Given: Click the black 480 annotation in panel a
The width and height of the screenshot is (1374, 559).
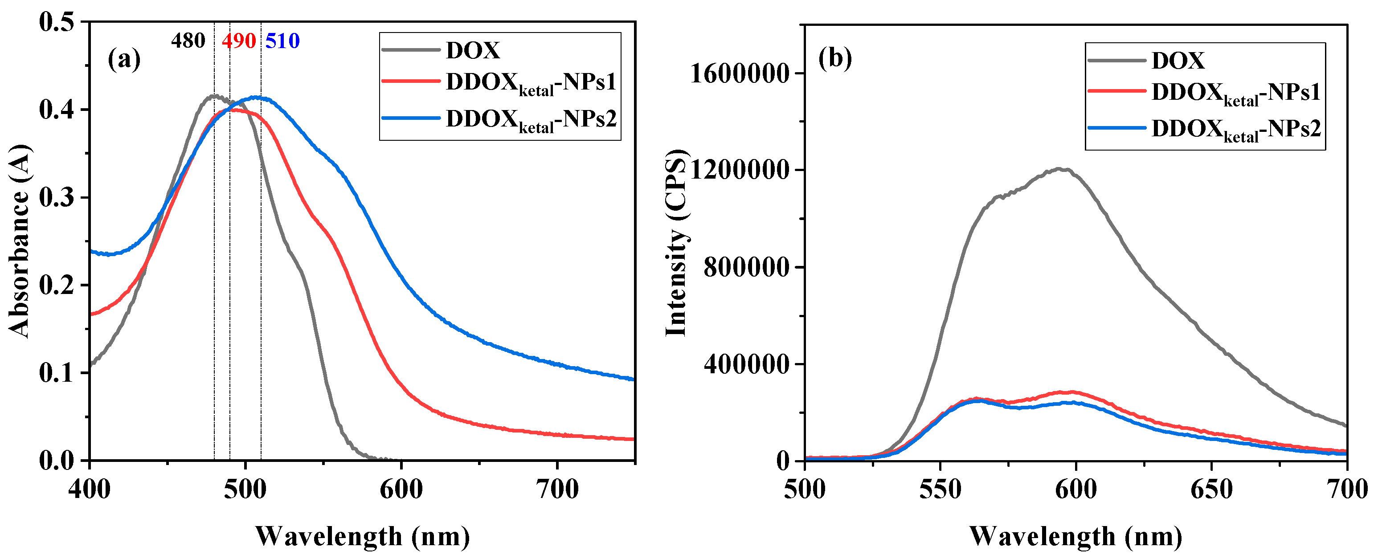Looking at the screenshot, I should click(x=188, y=41).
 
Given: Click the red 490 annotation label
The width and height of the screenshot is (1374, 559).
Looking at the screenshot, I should click(x=239, y=41).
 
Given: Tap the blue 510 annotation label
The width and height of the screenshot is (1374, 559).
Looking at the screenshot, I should click(x=283, y=41).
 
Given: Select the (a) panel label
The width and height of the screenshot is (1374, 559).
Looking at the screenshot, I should click(x=124, y=59).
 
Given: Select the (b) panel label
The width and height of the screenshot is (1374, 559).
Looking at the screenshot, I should click(x=835, y=57).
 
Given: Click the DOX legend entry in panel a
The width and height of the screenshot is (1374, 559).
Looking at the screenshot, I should click(x=473, y=51).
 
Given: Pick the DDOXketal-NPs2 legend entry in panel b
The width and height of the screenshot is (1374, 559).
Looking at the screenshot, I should click(x=1235, y=130).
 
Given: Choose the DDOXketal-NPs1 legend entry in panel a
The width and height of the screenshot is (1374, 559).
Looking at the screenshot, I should click(x=531, y=83).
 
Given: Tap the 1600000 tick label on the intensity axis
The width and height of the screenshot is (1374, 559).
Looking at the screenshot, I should click(x=739, y=73).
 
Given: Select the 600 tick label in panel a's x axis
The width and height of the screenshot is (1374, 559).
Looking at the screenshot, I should click(x=401, y=489).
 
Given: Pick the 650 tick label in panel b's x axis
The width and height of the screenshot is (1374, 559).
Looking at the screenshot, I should click(x=1211, y=489).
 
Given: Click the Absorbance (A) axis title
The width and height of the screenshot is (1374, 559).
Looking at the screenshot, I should click(x=19, y=241).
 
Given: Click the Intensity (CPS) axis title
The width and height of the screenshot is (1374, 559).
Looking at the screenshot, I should click(x=676, y=243).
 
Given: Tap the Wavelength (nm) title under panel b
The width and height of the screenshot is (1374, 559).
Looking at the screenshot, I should click(x=1075, y=536).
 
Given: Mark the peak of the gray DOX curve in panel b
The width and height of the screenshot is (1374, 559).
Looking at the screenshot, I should click(x=1061, y=169).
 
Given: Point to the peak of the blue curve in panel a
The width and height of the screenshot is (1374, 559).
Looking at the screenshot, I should click(x=258, y=97).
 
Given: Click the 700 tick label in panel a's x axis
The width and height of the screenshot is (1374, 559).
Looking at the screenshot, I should click(x=557, y=489).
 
